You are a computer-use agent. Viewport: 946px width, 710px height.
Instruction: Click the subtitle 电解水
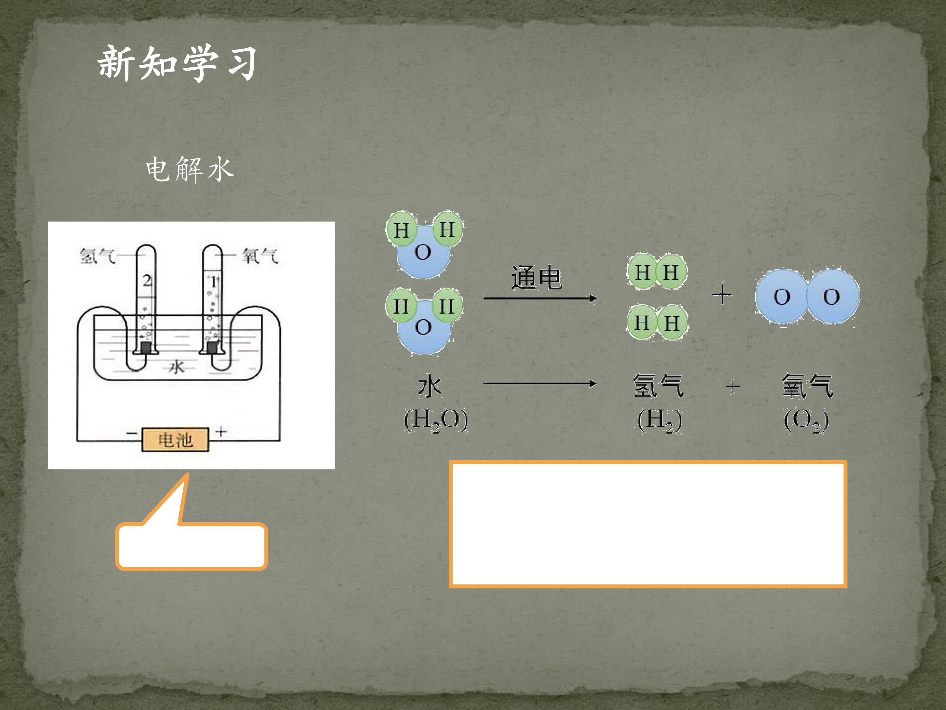(x=190, y=170)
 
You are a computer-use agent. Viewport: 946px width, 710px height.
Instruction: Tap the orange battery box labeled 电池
(x=175, y=439)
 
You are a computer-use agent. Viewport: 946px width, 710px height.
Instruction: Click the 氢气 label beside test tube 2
(x=98, y=256)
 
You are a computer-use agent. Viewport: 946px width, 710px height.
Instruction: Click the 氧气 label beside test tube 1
(x=260, y=256)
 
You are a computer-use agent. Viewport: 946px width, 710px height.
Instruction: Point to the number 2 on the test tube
(x=147, y=281)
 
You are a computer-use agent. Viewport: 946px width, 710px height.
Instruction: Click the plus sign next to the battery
(x=221, y=431)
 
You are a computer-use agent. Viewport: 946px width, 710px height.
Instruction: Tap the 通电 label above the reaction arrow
(x=536, y=277)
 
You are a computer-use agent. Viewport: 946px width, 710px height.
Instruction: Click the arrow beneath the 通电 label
(x=540, y=298)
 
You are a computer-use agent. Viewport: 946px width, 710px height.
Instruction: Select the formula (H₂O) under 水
(x=436, y=420)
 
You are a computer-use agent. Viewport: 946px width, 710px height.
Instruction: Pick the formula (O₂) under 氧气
(x=806, y=420)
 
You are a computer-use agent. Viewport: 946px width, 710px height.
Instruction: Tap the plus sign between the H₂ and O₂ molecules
(x=721, y=295)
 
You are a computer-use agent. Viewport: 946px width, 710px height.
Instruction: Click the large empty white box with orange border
(x=648, y=524)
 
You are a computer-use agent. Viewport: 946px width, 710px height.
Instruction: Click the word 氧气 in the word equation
(x=807, y=386)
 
